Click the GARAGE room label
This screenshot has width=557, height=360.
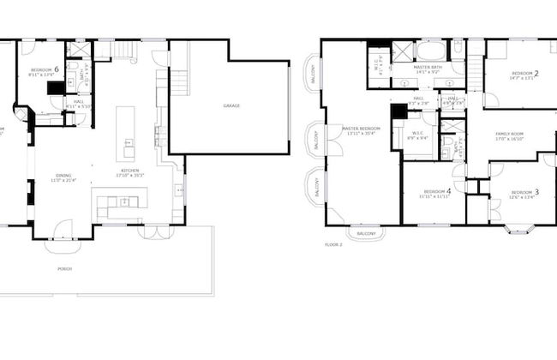[231, 105]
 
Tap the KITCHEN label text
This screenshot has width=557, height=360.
[130, 171]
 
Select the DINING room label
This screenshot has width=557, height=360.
[64, 175]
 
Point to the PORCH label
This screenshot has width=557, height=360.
[65, 268]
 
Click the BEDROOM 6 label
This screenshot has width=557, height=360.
[45, 69]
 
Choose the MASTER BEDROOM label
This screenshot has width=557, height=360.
[360, 129]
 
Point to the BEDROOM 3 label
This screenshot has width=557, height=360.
[524, 192]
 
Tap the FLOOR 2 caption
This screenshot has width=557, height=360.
[333, 244]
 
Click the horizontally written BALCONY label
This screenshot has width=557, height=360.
[366, 233]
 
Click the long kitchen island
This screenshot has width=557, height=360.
[127, 133]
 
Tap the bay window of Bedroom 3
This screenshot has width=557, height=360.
[520, 228]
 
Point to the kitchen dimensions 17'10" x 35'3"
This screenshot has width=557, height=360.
[130, 176]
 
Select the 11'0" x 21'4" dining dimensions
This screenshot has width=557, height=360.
[64, 180]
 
